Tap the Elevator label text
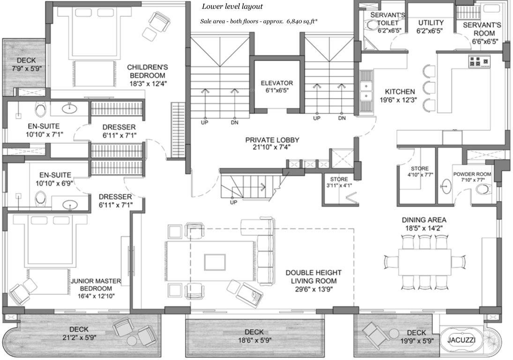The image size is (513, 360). [271, 83]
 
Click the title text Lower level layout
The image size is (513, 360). [232, 7]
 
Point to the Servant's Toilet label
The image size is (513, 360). [387, 19]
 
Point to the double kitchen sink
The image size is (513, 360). [365, 91]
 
